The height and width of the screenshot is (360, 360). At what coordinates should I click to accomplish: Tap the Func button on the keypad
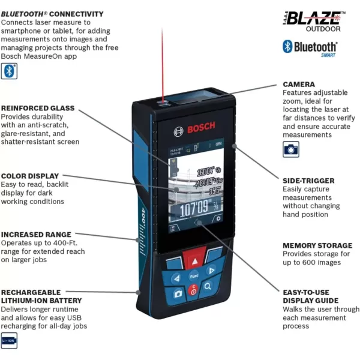tap(194, 277)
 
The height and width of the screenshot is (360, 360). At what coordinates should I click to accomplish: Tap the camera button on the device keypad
tap(178, 293)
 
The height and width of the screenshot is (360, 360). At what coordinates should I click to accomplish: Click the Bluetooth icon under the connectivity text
tap(9, 71)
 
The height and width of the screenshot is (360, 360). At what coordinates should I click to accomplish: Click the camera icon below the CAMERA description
tap(290, 149)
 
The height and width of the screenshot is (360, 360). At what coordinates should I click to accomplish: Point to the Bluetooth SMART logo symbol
tap(288, 47)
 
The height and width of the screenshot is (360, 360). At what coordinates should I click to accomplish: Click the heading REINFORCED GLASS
tap(38, 108)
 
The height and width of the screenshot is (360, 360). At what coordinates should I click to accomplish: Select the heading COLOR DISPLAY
tap(30, 176)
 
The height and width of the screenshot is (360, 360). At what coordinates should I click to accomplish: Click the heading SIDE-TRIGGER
tap(308, 180)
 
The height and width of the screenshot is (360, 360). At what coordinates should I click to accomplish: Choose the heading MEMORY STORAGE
tap(317, 245)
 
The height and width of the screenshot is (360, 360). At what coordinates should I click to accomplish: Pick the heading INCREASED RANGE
tap(36, 235)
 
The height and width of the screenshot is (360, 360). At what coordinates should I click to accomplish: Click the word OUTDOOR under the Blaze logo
tap(323, 29)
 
